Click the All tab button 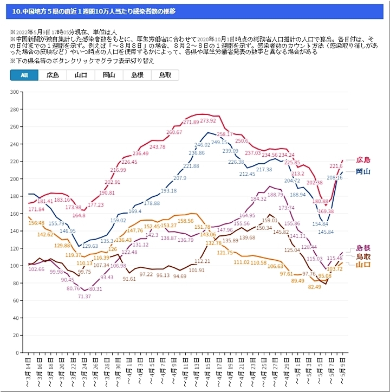(24, 75)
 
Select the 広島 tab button (53, 75)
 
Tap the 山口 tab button (81, 75)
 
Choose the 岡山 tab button (108, 75)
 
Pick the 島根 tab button (136, 75)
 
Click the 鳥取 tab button (165, 75)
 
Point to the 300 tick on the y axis (15, 92)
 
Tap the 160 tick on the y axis (15, 214)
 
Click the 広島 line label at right (363, 160)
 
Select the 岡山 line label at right (363, 171)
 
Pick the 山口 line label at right (363, 265)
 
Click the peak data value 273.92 (208, 120)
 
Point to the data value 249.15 (219, 142)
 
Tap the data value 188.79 (276, 194)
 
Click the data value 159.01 (269, 221)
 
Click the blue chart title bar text (94, 11)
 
